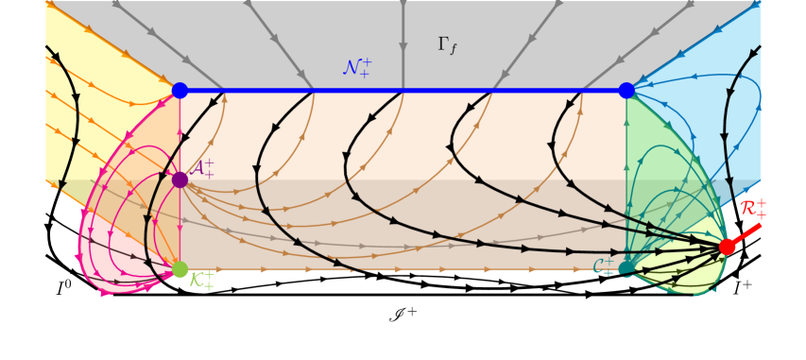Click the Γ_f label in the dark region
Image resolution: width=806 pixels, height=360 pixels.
448,45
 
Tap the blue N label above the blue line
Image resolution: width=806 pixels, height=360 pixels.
356,67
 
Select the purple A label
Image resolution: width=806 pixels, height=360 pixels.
202,168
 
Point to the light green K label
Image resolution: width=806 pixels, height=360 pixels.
201,280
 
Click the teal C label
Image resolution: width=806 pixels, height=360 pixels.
603,267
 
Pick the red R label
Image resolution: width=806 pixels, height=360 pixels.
752,209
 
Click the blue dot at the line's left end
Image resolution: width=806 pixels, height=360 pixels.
180,91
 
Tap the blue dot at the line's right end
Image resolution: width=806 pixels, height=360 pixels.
626,91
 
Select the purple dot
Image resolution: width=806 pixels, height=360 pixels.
180,180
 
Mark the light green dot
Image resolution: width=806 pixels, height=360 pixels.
180,269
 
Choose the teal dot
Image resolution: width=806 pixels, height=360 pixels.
626,268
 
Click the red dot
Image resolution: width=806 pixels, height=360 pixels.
727,247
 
